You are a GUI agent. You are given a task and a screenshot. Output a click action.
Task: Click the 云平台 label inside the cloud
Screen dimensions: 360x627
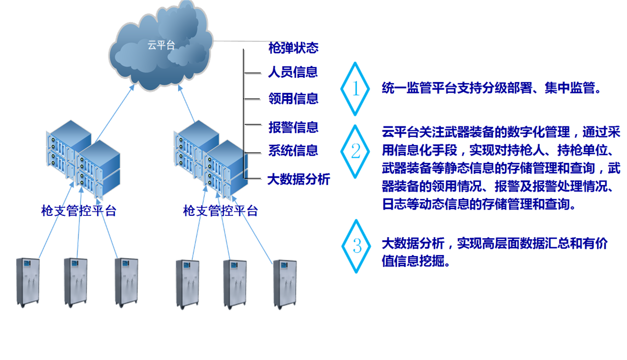click(161, 45)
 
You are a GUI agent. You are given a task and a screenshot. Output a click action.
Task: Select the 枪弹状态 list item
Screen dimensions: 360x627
click(293, 49)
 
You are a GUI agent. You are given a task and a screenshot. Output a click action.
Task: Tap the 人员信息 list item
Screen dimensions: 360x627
click(293, 72)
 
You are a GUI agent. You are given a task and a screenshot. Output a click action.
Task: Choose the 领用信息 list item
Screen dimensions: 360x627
click(293, 99)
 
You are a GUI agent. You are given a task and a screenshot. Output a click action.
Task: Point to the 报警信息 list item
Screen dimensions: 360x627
click(293, 127)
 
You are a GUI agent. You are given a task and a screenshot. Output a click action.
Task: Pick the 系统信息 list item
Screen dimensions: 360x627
click(293, 151)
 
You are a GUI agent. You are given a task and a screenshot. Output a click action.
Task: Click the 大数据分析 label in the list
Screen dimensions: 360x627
click(298, 179)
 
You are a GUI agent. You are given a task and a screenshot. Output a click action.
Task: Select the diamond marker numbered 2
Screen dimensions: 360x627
click(356, 152)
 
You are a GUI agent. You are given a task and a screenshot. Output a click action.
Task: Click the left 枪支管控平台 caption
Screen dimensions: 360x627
click(78, 211)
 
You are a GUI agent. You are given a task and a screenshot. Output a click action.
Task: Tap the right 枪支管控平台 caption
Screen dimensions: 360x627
click(220, 211)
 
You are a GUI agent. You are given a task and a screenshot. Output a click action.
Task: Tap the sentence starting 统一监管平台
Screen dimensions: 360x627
click(492, 88)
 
